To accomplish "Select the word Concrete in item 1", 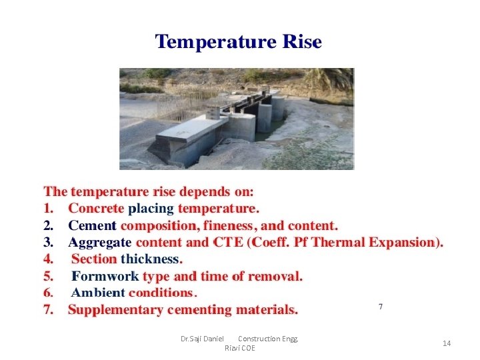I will [96, 209].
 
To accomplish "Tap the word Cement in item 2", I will [92, 226].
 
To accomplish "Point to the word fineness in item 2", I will [245, 226].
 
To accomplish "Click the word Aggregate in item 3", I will [99, 243].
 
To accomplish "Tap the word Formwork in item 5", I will [105, 276].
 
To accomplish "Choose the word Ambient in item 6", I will [98, 293].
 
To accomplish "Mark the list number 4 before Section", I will [48, 259].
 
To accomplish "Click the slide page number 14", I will [447, 343].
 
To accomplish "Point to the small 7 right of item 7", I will [381, 307].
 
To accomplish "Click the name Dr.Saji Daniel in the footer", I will [202, 339].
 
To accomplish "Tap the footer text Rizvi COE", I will [239, 348].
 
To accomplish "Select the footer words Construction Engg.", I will [268, 339].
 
